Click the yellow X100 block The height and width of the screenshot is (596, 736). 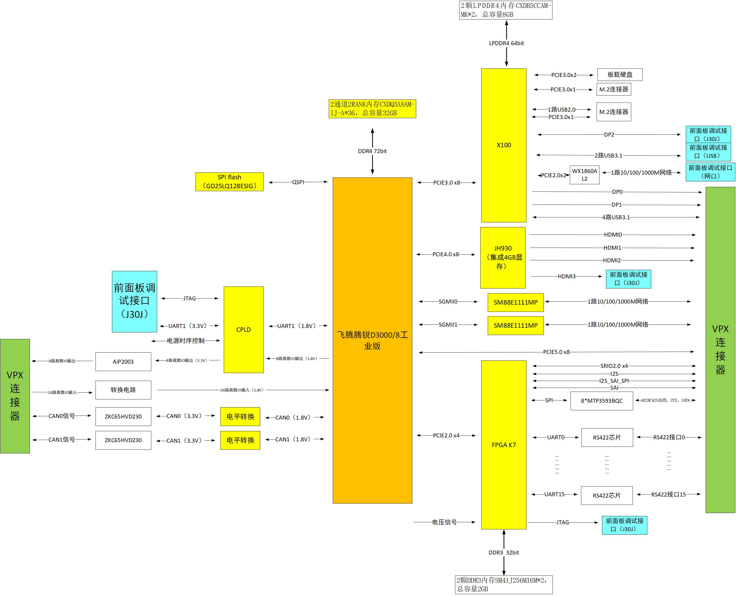(503, 145)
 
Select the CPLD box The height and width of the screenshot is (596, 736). (243, 330)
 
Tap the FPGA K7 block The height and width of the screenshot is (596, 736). (503, 445)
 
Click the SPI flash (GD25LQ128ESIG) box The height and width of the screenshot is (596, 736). (230, 182)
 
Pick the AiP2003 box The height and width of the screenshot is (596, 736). (123, 362)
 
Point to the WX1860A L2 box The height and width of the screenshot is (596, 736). (584, 175)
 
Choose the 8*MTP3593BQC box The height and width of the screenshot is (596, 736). (601, 401)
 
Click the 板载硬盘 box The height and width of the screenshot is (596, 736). (620, 75)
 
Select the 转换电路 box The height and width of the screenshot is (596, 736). (123, 390)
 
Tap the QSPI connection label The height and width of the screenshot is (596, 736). (298, 182)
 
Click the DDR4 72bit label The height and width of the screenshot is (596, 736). (372, 151)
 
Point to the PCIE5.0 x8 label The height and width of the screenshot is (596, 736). (556, 352)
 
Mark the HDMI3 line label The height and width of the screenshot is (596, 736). (567, 276)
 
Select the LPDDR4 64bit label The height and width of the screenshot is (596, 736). (506, 43)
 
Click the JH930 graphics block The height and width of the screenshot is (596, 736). (503, 258)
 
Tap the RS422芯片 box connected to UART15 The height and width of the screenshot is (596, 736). (607, 495)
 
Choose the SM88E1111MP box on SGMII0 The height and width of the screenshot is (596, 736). (515, 302)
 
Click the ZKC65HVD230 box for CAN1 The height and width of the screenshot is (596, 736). (123, 440)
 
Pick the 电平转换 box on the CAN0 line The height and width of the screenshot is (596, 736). (240, 416)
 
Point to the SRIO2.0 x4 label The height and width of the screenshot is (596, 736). (614, 366)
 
